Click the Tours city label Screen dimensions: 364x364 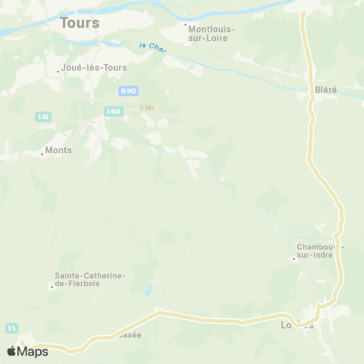79,23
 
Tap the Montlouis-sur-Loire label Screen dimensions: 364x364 210,33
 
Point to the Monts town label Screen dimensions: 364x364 58,150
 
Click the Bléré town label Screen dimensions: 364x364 325,89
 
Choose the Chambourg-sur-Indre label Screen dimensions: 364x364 321,251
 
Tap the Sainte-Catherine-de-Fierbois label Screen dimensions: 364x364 89,280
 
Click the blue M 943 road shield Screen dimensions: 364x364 128,91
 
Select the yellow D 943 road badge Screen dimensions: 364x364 147,108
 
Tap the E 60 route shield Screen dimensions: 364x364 43,117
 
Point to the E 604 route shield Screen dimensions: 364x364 114,111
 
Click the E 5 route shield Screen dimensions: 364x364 11,328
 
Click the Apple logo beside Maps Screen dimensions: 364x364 11,351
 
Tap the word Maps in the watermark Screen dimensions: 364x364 33,351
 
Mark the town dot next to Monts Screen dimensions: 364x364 42,154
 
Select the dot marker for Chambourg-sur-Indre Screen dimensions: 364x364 293,259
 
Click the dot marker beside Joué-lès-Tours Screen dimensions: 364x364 58,71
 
